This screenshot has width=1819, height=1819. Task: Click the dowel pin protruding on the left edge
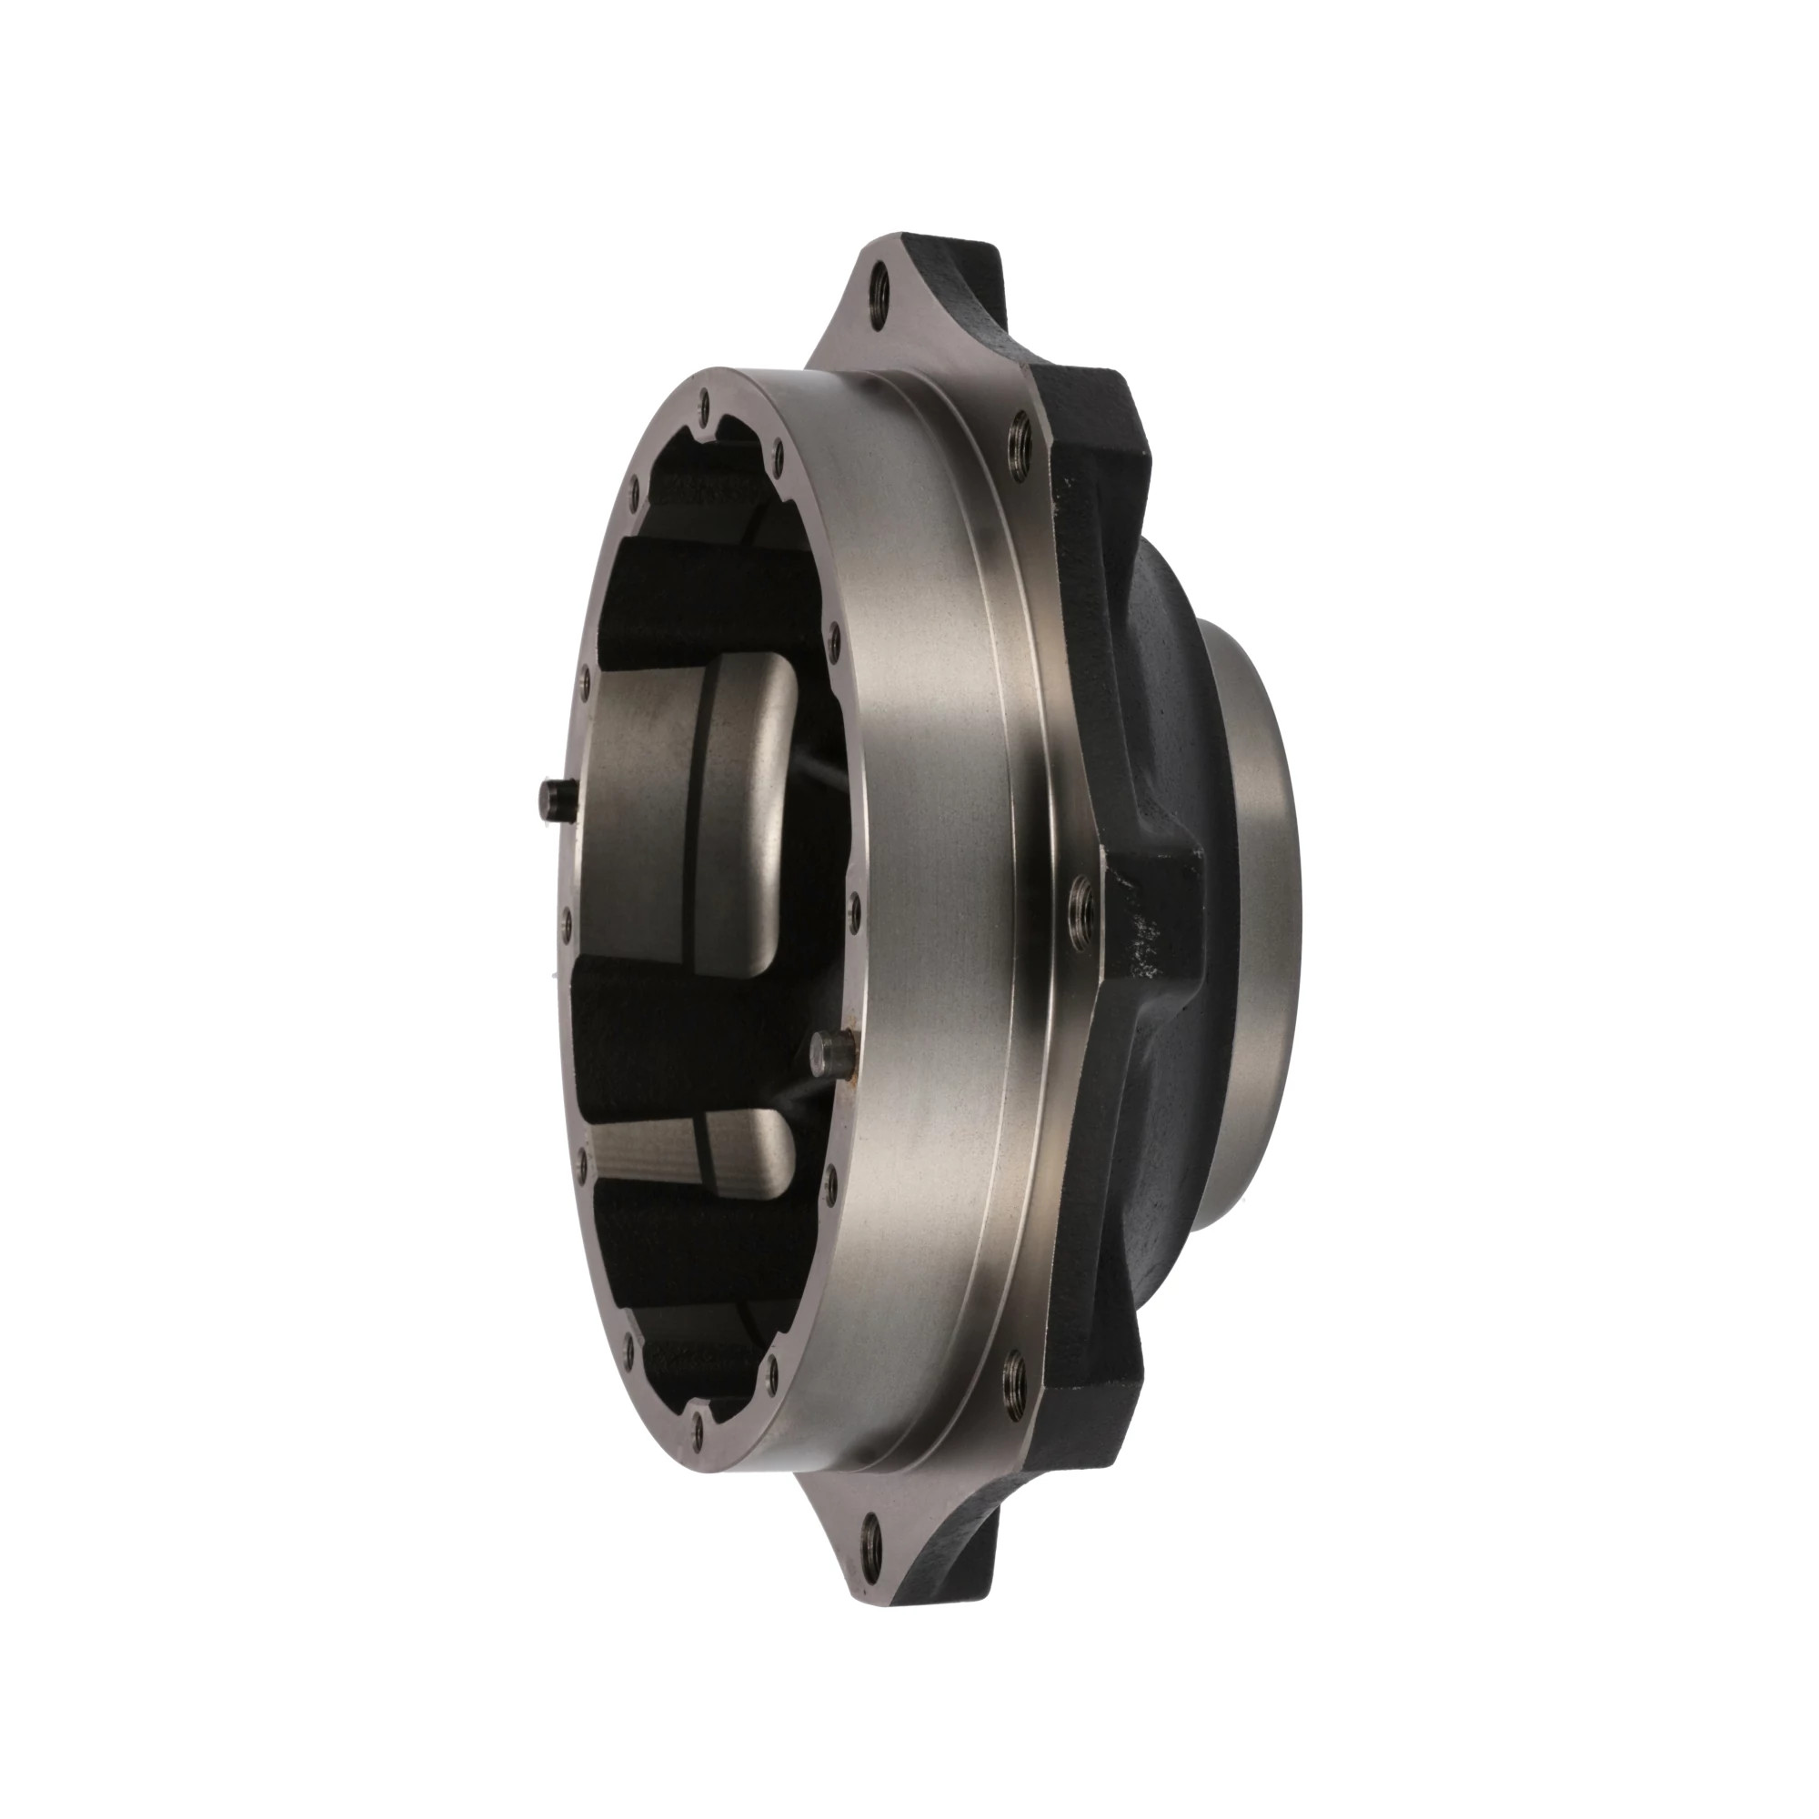[x=553, y=803]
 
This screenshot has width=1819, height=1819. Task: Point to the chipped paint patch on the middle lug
[x=1144, y=928]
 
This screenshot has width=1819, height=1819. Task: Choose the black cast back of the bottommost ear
[x=970, y=1506]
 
